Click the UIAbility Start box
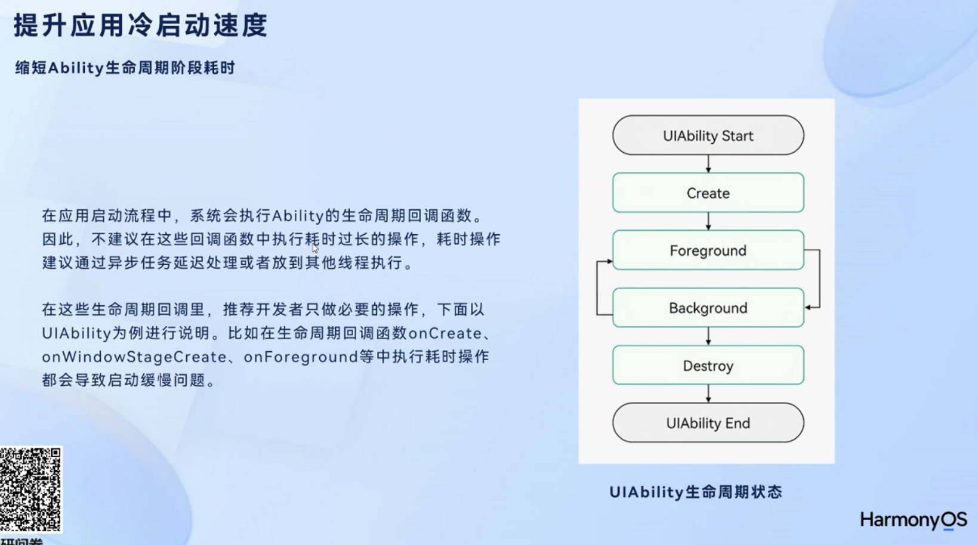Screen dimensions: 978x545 708,135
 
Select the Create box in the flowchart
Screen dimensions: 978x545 708,193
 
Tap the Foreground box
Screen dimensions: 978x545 708,250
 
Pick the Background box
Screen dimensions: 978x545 708,308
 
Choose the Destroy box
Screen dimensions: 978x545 708,366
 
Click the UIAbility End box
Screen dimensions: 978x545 708,423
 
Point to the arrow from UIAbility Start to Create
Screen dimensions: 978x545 708,164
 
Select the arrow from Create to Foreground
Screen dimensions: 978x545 708,222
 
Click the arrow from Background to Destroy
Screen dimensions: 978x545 708,336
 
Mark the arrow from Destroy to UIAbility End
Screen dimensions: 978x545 708,394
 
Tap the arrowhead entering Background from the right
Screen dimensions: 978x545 808,308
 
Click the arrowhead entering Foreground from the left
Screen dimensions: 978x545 609,261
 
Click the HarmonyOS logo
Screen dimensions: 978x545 914,520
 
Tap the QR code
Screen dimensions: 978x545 30,489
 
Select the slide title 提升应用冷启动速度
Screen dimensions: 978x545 141,25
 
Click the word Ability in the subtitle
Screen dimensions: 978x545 76,68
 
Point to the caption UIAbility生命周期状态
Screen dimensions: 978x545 696,492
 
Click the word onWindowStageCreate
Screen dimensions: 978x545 134,357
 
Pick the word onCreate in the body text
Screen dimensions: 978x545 445,333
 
